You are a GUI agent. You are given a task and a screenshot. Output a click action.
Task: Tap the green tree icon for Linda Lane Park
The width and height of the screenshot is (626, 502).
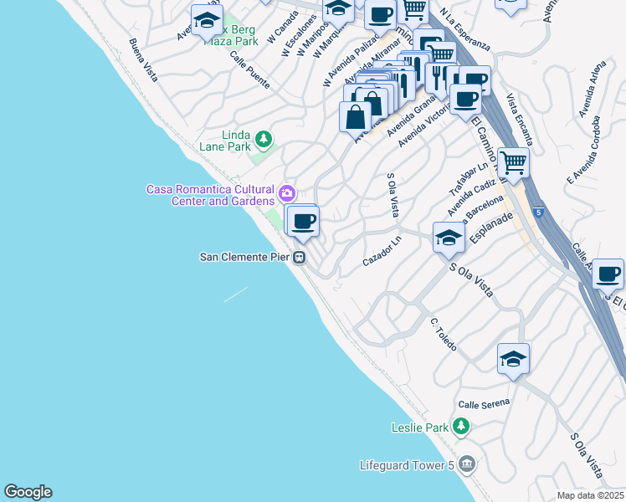[263, 138]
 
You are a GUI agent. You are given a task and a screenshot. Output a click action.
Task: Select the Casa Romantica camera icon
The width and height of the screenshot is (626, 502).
[287, 194]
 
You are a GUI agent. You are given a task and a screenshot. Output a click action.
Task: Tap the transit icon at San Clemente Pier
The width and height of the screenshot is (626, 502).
[299, 258]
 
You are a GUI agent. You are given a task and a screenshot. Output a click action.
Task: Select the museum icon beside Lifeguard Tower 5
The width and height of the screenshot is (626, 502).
[467, 464]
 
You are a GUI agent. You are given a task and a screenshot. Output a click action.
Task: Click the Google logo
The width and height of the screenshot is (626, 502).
[28, 492]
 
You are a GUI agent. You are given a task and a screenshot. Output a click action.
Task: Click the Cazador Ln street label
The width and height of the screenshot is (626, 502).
[382, 251]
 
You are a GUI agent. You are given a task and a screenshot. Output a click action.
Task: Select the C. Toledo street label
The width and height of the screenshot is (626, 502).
[443, 334]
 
